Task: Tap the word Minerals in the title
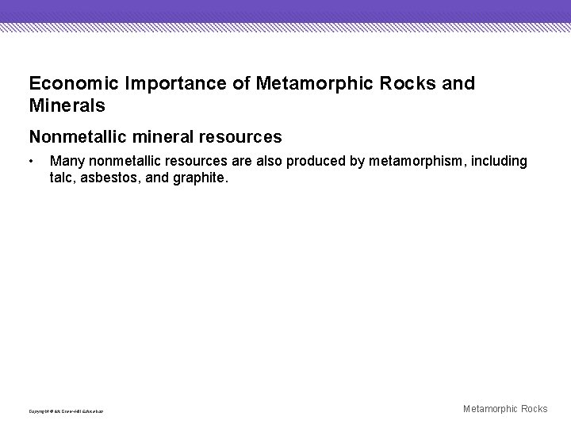[67, 105]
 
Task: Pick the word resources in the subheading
[243, 137]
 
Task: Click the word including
[500, 162]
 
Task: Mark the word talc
[62, 178]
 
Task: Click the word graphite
[198, 178]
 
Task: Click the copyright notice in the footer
[66, 411]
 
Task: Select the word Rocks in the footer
[532, 409]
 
